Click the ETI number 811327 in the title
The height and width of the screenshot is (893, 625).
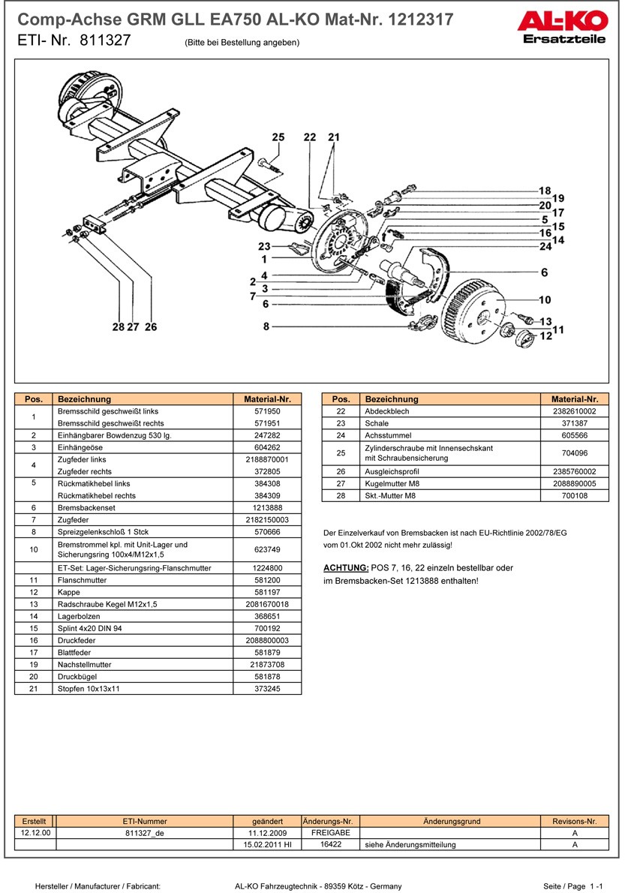click(104, 42)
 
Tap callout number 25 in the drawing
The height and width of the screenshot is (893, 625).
click(278, 137)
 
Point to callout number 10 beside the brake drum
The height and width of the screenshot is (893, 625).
click(545, 299)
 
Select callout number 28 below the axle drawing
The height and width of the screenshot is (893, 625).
click(118, 326)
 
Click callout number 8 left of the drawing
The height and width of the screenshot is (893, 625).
click(266, 326)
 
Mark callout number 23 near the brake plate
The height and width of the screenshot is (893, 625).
click(264, 247)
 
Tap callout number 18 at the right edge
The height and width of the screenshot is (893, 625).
click(545, 191)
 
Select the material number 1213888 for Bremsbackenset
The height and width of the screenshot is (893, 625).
click(267, 508)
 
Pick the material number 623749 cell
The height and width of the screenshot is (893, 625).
click(267, 549)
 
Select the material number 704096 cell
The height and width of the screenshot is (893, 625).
click(574, 453)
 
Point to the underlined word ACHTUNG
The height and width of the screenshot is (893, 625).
click(345, 568)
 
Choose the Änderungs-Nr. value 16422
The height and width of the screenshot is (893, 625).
click(331, 844)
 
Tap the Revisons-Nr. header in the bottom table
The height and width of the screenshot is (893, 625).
click(574, 822)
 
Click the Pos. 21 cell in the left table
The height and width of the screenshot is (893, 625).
click(34, 689)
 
